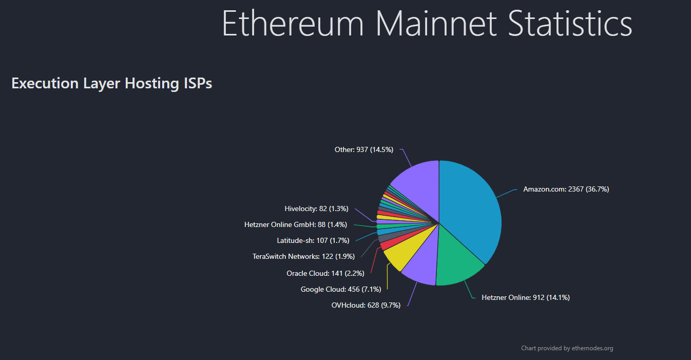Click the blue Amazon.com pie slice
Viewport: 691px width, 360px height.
470,211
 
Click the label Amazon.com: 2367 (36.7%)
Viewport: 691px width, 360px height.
566,189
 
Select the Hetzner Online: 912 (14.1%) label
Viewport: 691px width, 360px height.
525,297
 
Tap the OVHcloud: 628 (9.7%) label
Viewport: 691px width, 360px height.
366,305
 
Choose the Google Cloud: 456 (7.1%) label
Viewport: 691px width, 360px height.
340,289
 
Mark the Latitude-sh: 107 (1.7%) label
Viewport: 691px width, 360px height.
313,240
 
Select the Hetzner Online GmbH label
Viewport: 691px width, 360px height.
295,224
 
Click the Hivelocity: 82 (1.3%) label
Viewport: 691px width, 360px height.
316,209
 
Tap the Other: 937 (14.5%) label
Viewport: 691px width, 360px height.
363,149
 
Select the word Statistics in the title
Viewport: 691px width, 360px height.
569,23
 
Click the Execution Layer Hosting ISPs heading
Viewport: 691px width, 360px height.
111,83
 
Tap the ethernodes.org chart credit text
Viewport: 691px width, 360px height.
567,348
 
